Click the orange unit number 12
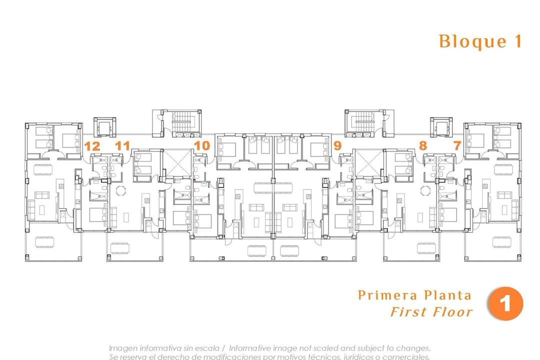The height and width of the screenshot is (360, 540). pyautogui.click(x=92, y=146)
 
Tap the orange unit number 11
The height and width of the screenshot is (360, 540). pyautogui.click(x=122, y=146)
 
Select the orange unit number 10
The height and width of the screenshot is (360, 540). pyautogui.click(x=201, y=146)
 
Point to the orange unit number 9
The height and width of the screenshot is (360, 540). pyautogui.click(x=337, y=146)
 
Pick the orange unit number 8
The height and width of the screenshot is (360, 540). pyautogui.click(x=423, y=146)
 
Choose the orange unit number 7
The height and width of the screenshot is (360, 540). pyautogui.click(x=456, y=146)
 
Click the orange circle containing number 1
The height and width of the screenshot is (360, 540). pyautogui.click(x=505, y=304)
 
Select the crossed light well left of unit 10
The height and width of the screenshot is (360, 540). pyautogui.click(x=177, y=162)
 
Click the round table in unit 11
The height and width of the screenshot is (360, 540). pyautogui.click(x=121, y=190)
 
